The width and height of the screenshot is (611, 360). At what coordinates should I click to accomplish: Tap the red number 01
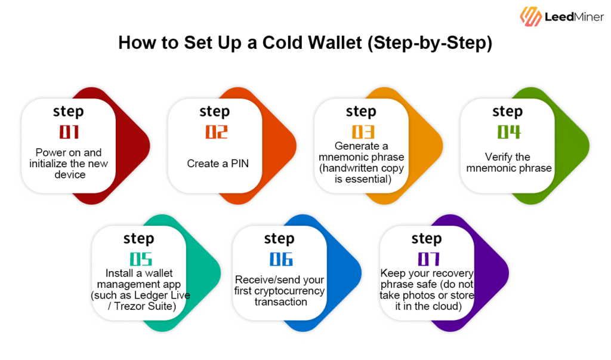tap(68, 131)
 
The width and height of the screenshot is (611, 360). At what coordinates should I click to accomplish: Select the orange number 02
tap(215, 131)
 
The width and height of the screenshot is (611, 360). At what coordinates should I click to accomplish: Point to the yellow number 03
tap(361, 131)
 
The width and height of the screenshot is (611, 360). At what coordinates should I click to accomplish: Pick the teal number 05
tap(138, 259)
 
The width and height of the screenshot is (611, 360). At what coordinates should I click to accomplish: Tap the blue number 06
tap(279, 259)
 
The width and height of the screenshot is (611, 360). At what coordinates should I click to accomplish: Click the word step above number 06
tap(279, 239)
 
